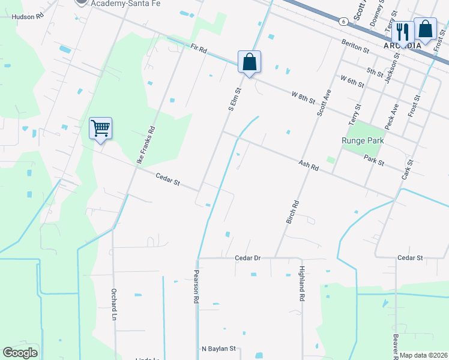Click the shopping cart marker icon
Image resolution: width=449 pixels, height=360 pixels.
(101, 128)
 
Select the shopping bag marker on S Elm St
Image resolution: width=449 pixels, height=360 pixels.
(249, 62)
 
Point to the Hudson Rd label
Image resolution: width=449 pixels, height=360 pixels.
(28, 17)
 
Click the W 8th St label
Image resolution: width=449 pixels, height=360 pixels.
(304, 96)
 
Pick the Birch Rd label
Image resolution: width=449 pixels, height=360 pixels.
(291, 212)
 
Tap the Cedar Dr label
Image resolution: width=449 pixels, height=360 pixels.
(248, 258)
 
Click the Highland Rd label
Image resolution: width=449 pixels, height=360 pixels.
(303, 284)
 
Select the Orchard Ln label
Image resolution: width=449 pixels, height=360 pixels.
(113, 305)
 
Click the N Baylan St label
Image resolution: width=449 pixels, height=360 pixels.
(220, 348)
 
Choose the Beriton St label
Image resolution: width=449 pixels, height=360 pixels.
(355, 46)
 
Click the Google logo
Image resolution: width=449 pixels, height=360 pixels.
(20, 353)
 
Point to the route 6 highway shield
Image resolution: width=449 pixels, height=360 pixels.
(342, 21)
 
